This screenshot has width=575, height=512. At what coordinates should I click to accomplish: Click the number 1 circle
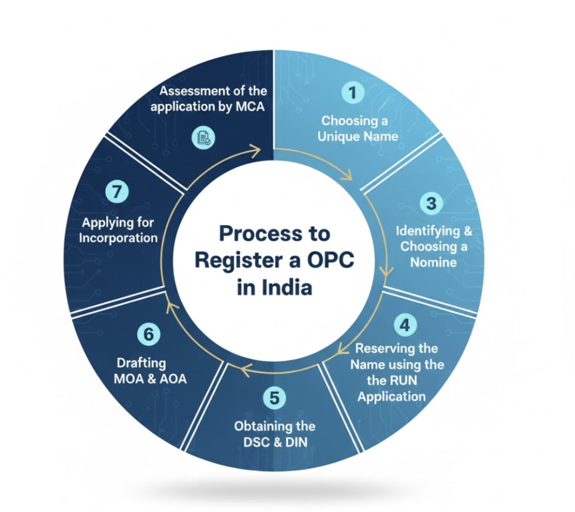coord(353,93)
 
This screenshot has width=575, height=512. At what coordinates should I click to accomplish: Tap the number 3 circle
coord(431,203)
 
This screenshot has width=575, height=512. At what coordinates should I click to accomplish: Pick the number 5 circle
coord(274,398)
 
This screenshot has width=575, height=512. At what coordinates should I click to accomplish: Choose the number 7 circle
coord(116,191)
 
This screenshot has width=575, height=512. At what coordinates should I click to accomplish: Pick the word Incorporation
coord(118,237)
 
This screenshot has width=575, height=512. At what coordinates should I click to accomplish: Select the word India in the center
coord(286,287)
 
